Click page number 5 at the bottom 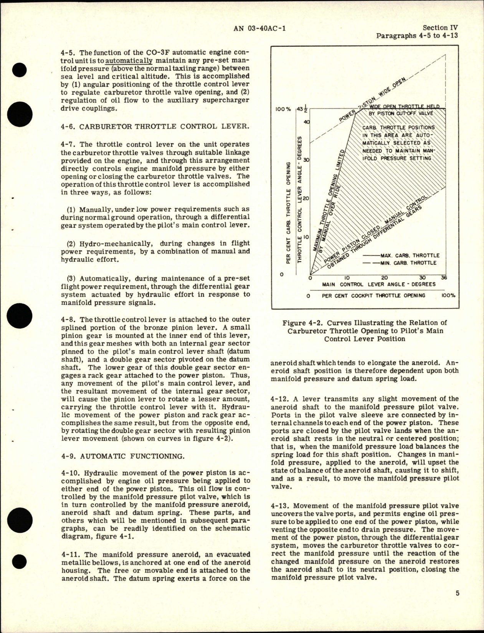457,604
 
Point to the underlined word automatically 129,61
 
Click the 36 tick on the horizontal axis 444,278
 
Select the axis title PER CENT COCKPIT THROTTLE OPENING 373,295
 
